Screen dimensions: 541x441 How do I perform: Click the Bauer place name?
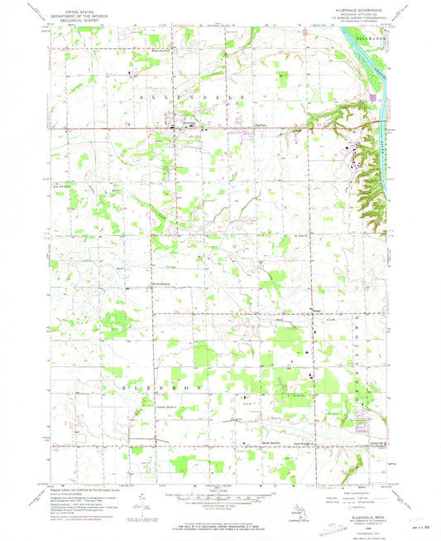(316, 311)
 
